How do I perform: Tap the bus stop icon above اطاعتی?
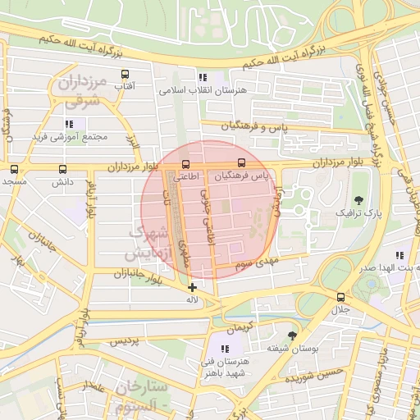tap(185, 163)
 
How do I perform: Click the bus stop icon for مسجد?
tap(14, 169)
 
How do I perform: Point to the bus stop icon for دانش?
tap(63, 169)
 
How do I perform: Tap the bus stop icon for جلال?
tap(340, 297)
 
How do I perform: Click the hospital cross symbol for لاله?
tap(192, 287)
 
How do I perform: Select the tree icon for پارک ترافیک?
tap(358, 199)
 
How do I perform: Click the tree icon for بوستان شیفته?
tap(292, 335)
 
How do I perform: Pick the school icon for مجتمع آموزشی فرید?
tap(69, 124)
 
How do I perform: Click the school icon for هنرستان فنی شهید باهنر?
tap(225, 349)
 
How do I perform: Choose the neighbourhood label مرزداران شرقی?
tap(80, 91)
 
